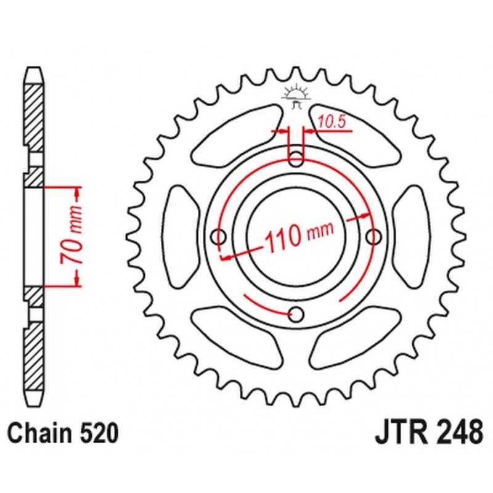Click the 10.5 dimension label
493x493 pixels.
(x=332, y=122)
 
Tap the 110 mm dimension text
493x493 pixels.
(x=299, y=237)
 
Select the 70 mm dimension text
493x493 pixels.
(x=72, y=235)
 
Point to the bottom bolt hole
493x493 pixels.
(x=296, y=314)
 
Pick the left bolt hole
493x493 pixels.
(x=218, y=237)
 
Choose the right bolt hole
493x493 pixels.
(x=374, y=237)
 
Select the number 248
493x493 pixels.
(x=462, y=433)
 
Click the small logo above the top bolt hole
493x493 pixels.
(x=296, y=96)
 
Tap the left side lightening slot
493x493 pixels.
(x=180, y=237)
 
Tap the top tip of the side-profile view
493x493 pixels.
(x=34, y=68)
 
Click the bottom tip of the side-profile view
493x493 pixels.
(x=34, y=406)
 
